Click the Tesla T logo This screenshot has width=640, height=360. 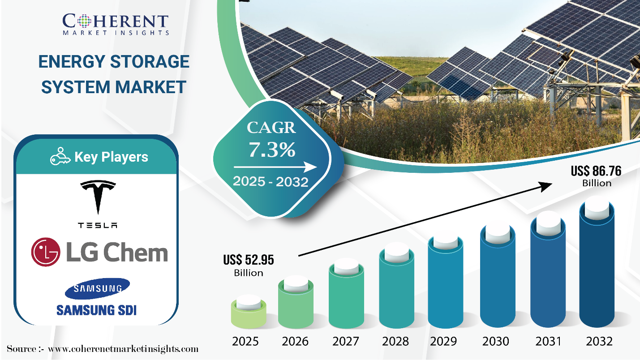point(98,197)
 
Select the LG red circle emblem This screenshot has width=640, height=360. point(45,253)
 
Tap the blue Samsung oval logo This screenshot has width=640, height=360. point(97,289)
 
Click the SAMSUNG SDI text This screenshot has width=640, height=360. point(97,310)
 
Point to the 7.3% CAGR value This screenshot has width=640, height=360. point(272,150)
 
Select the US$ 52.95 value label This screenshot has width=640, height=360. point(249,260)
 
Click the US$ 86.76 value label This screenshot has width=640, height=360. point(596,171)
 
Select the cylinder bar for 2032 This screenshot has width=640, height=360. point(597,264)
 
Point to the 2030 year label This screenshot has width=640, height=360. point(496,341)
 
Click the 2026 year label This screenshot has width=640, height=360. point(295,341)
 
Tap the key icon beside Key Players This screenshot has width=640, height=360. point(60,158)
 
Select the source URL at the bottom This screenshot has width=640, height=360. point(123,349)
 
